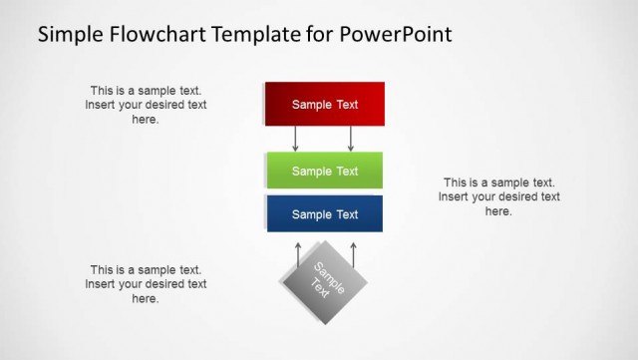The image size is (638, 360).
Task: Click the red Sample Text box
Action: coord(324,104)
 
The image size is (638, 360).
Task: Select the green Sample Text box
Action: coord(324,171)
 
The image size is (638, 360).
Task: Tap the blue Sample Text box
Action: coord(324,214)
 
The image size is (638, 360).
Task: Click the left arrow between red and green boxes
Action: coord(296,139)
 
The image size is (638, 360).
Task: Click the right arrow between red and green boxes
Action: coord(351,139)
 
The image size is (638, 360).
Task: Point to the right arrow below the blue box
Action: coord(353,253)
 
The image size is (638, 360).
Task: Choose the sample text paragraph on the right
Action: coord(498,196)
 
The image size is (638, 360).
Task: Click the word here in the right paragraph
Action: coord(498,211)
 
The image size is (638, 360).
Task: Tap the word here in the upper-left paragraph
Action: coord(146,120)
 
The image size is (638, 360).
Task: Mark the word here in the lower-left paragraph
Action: coord(146,299)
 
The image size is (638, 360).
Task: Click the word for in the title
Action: coord(315,35)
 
